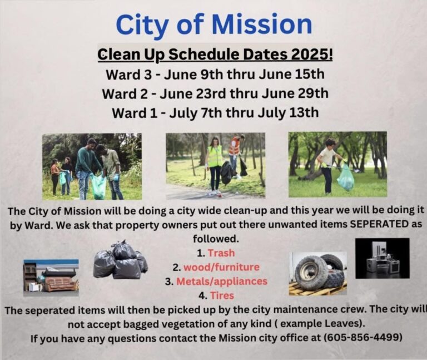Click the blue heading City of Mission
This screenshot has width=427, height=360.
click(x=213, y=24)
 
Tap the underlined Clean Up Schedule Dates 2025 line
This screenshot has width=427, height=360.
click(x=215, y=56)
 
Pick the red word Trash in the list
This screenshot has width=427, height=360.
click(x=221, y=253)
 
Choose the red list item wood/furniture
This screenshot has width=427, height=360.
click(x=221, y=267)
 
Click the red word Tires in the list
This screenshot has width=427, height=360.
click(x=221, y=295)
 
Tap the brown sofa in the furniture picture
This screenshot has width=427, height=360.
click(x=60, y=283)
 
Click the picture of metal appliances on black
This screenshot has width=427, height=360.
click(x=382, y=259)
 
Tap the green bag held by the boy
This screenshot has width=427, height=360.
click(x=345, y=179)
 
